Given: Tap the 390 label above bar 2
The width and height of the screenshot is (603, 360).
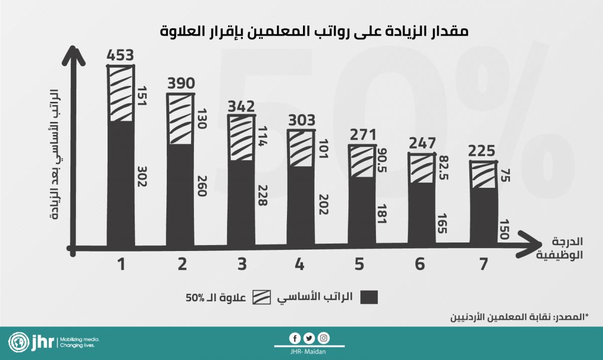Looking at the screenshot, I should coord(180,83).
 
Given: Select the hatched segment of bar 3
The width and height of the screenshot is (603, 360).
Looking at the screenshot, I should coord(241,138).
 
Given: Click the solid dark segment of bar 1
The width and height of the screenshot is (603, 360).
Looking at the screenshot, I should coord(121,183).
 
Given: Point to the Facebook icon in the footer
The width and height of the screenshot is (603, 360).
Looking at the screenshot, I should coord(295,338).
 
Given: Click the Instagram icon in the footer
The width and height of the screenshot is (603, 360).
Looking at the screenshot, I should coord(324,338).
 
